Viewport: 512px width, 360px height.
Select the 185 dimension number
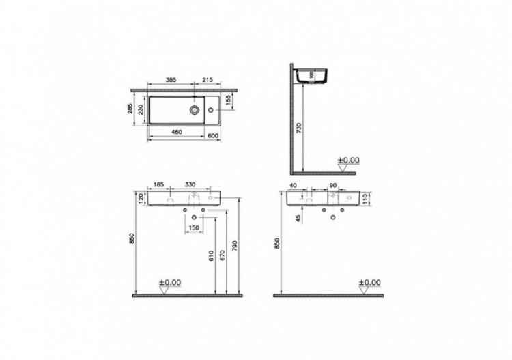[158, 185]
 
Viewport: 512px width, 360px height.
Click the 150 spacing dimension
[194, 227]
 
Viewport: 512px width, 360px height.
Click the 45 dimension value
[298, 219]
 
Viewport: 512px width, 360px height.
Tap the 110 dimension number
[365, 199]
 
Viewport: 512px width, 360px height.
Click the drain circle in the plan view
[195, 108]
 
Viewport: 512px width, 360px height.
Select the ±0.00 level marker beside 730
[349, 161]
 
